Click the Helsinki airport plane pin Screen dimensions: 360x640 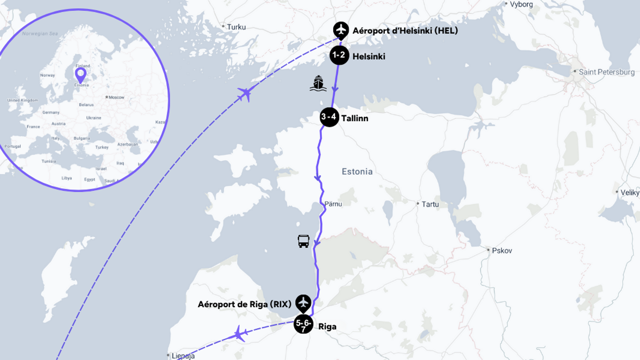click(x=341, y=30)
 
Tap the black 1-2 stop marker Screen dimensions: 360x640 click(x=339, y=55)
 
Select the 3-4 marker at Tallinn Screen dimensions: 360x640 click(x=329, y=117)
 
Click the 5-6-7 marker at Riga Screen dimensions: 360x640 click(x=303, y=324)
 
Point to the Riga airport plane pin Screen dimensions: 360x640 click(x=303, y=303)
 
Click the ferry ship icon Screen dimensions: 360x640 click(x=318, y=84)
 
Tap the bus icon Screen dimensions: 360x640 click(x=303, y=241)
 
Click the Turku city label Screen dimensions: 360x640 click(x=236, y=27)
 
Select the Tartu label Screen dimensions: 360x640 click(x=430, y=204)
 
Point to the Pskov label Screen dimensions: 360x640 click(x=501, y=251)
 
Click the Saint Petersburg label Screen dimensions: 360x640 click(x=606, y=72)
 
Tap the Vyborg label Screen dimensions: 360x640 click(x=521, y=4)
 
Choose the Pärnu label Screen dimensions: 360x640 click(x=333, y=204)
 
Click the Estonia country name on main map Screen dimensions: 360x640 click(x=357, y=172)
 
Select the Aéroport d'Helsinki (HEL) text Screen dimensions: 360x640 click(x=405, y=31)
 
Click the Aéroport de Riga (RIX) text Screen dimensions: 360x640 click(x=244, y=304)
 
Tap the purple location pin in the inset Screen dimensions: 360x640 click(x=80, y=74)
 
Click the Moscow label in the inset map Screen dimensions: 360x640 click(x=116, y=97)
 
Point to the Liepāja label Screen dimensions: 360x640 click(x=183, y=356)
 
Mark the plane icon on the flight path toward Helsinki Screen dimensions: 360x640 click(x=245, y=94)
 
